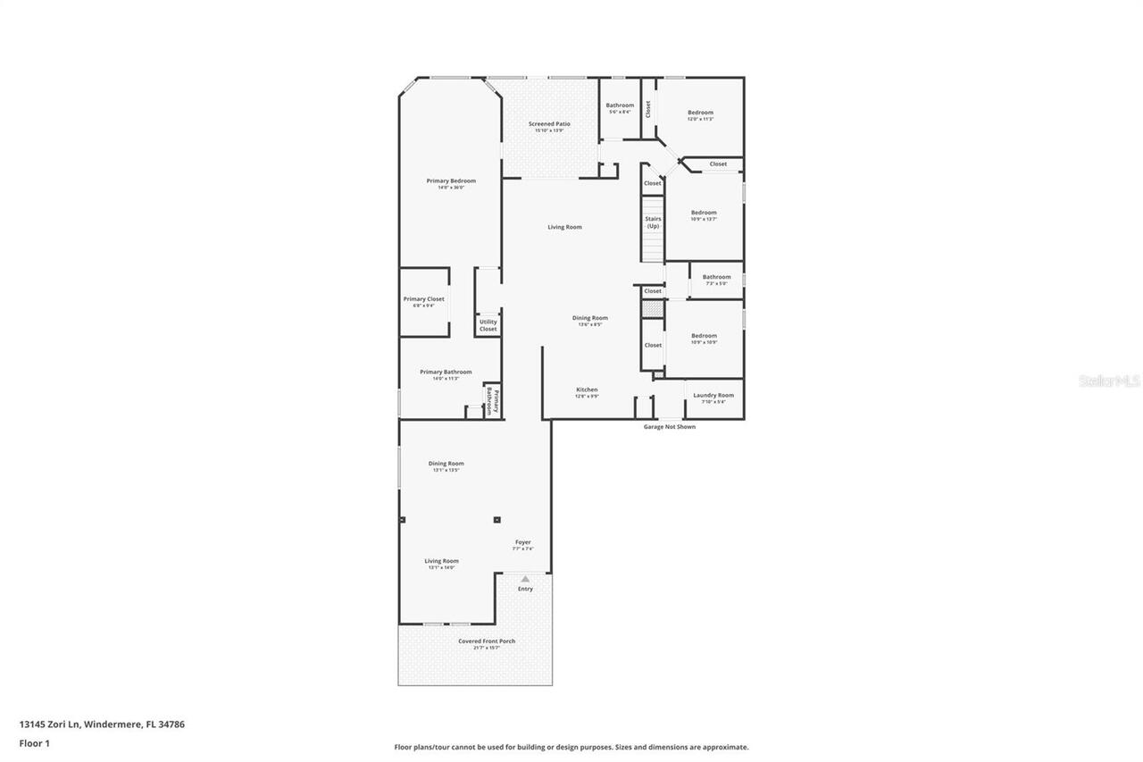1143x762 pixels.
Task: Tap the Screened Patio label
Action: coord(549,125)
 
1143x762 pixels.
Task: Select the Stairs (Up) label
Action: coord(653,222)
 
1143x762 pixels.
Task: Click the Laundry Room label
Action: coord(713,396)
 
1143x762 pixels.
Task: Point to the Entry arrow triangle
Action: coord(525,579)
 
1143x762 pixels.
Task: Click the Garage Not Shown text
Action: coord(669,427)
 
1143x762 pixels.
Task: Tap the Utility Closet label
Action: coord(488,325)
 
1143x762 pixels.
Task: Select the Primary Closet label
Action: coord(423,300)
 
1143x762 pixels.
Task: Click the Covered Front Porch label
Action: coord(487,641)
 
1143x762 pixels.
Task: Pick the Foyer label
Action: coord(522,543)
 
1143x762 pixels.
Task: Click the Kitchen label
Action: coord(587,390)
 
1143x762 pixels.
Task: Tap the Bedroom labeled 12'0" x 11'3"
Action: coord(700,113)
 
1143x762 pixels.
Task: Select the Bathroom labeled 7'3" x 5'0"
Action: coord(716,278)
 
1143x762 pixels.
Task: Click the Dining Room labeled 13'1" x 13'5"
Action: coord(446,465)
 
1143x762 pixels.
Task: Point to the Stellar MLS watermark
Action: coord(1109,381)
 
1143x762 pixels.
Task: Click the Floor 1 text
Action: coord(35,743)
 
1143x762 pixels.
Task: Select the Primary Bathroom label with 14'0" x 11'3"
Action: coord(446,373)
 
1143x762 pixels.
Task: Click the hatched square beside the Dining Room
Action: coord(653,308)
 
